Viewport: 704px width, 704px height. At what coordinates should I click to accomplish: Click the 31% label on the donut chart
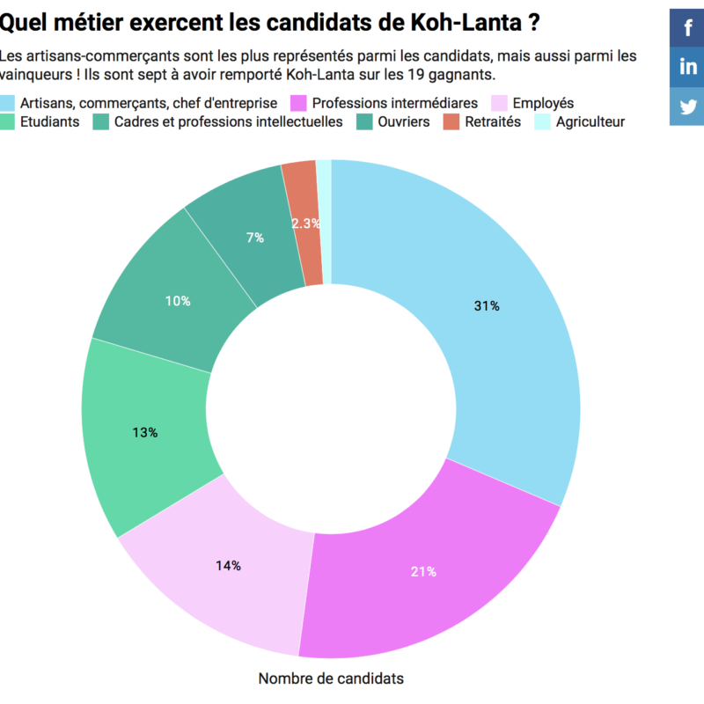coord(487,306)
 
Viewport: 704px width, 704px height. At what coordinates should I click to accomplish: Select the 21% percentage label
coord(423,572)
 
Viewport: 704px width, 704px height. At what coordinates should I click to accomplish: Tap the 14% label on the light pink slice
coord(228,566)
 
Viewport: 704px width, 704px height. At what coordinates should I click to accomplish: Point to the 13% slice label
coord(145,432)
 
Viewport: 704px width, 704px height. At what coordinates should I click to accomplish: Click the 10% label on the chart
coord(178,301)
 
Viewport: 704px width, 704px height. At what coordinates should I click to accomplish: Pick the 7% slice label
coord(255,237)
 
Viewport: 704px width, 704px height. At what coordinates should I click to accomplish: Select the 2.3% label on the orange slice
coord(305,224)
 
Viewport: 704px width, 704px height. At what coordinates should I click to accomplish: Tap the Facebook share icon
coord(687,27)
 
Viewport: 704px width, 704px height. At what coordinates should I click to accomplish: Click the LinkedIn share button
coord(687,67)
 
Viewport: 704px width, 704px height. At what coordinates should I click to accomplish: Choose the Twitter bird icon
coord(687,106)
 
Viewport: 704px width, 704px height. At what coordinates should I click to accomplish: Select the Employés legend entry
coord(542,103)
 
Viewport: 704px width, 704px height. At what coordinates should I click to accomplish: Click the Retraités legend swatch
coord(451,121)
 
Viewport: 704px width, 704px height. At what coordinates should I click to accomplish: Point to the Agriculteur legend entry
coord(590,121)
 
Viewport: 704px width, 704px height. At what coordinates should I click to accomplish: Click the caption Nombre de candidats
coord(331,678)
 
